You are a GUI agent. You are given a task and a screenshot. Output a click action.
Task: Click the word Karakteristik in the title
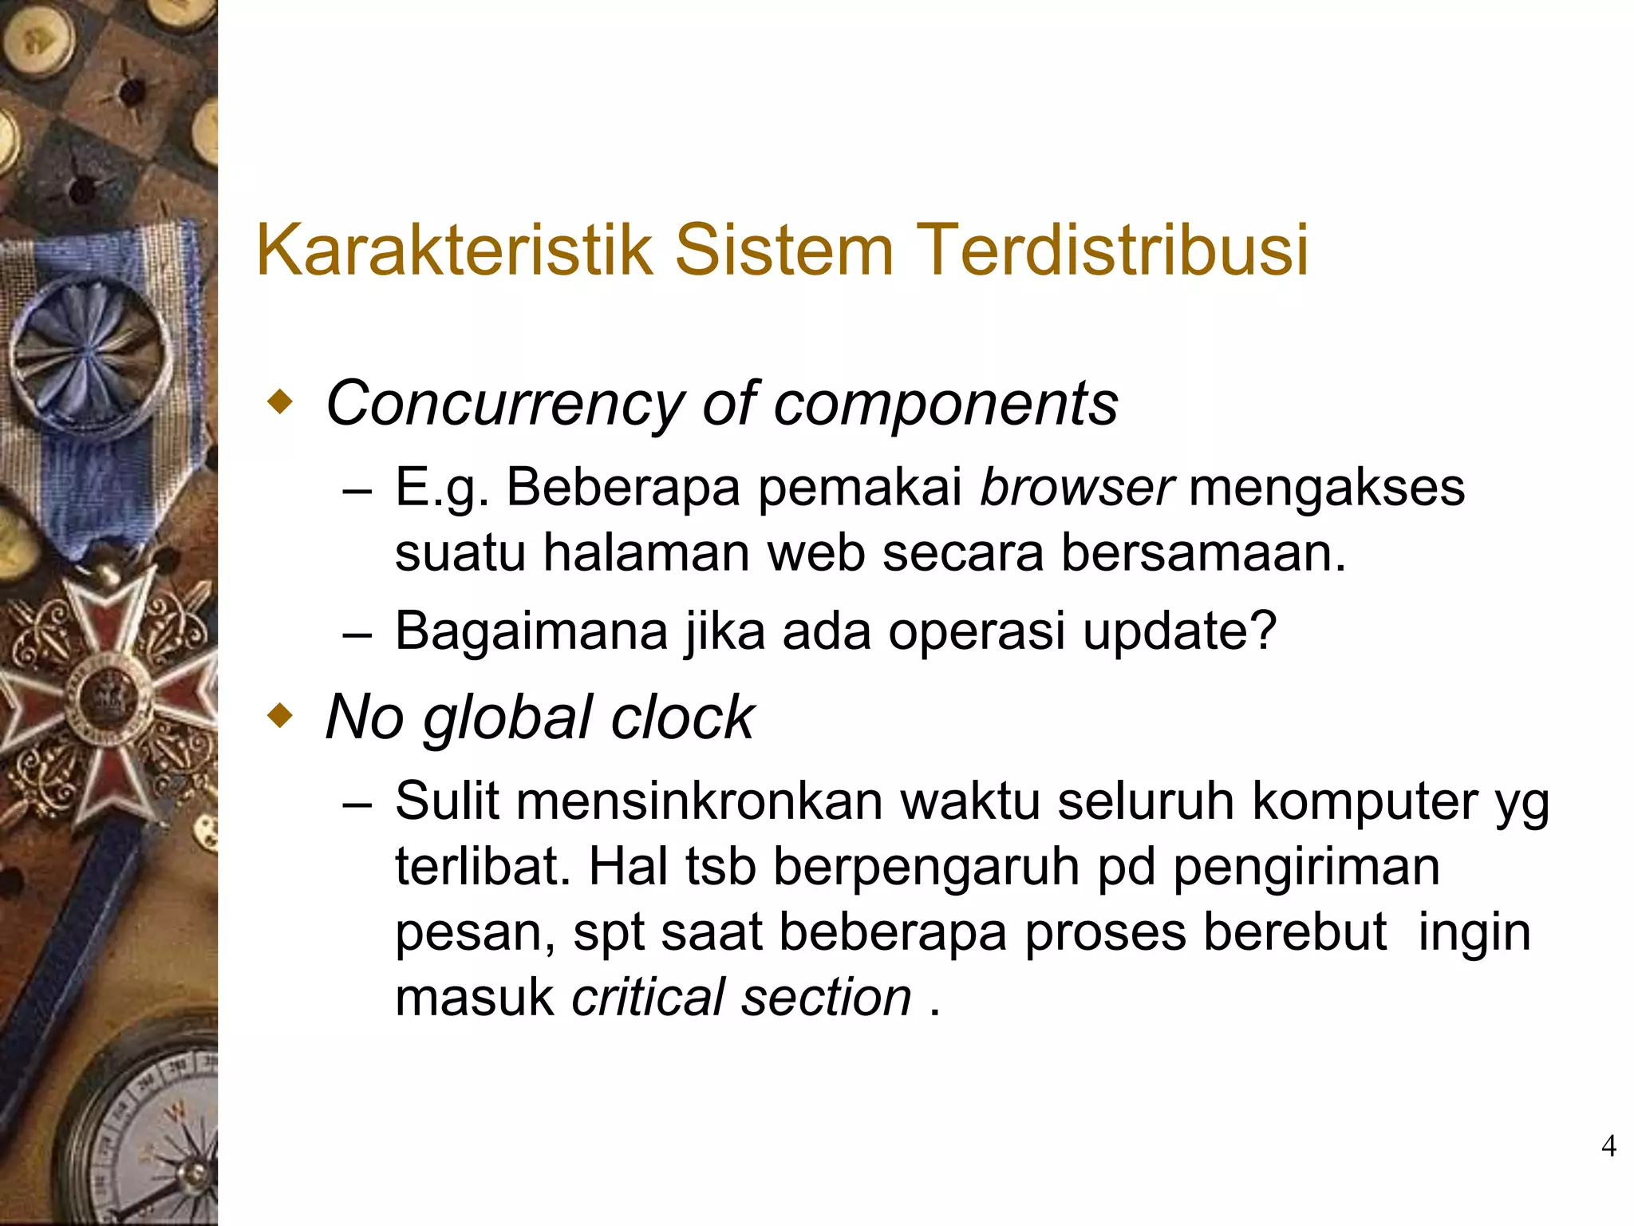click(454, 250)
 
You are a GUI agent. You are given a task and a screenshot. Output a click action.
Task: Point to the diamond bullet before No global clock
click(279, 715)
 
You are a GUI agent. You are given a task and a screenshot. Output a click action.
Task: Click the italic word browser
click(1076, 487)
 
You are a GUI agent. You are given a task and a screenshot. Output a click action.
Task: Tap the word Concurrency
click(504, 404)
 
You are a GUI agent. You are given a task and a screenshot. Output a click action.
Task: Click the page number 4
click(1608, 1146)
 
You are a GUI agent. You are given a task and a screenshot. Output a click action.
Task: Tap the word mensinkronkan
click(699, 801)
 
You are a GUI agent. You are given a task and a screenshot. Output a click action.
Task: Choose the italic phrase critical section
click(741, 997)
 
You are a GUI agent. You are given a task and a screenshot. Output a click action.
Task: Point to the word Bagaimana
click(531, 631)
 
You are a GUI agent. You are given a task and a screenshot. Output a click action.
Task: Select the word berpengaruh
click(926, 867)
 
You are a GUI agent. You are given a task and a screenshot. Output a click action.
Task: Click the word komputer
click(1364, 801)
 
